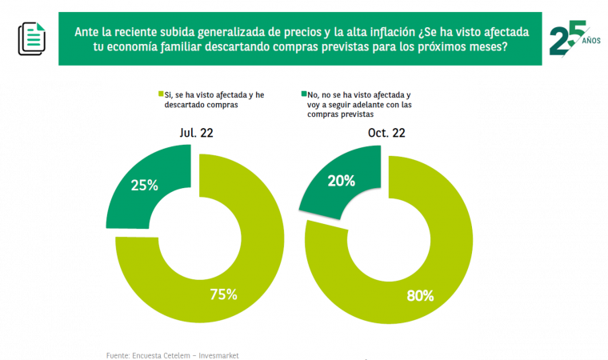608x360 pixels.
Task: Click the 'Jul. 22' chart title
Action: coord(197,133)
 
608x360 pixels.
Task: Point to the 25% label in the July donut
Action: coord(144,185)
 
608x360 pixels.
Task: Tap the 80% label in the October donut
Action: coord(419,295)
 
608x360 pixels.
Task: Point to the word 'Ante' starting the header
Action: coord(87,31)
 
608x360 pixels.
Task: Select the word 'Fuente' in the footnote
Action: coord(118,354)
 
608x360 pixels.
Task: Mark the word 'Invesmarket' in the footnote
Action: coord(218,354)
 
